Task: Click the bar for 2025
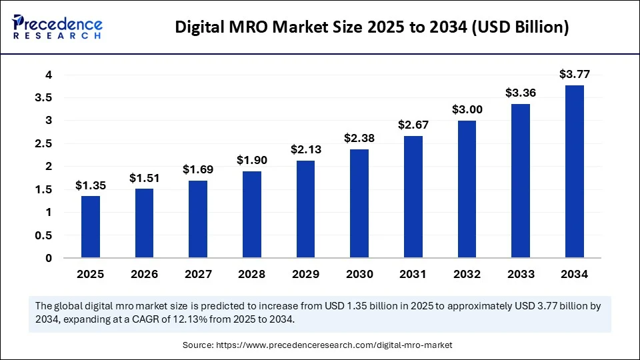pos(91,227)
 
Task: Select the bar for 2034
pos(575,171)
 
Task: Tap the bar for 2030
pos(359,203)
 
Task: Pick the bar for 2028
pos(252,214)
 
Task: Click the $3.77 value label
pos(575,74)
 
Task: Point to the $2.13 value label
pos(306,149)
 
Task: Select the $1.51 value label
pos(145,178)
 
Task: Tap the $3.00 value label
pos(467,109)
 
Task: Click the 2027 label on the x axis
pos(198,273)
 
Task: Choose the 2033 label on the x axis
pos(521,273)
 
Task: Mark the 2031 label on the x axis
pos(413,273)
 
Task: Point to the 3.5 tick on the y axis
pos(45,98)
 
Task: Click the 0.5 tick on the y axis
pos(45,235)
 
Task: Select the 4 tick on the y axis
pos(49,75)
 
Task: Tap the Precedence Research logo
pos(58,27)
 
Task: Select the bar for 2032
pos(467,189)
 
